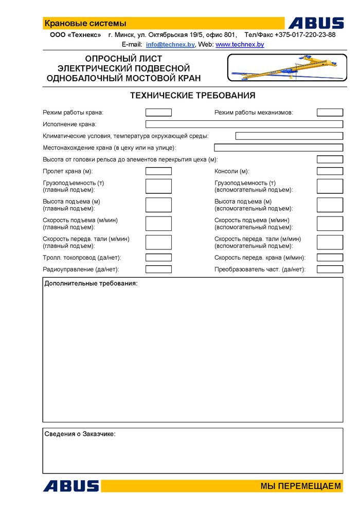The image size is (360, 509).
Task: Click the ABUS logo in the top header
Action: point(316,23)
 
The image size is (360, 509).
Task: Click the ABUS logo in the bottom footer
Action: point(71,486)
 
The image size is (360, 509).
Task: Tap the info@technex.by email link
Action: point(170,45)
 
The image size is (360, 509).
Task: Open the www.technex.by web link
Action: point(240,45)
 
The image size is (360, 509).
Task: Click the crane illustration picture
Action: point(287,68)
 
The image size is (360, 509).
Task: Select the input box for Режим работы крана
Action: point(158,113)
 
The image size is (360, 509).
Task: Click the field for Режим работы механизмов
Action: point(330,113)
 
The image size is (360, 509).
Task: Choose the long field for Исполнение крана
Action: point(244,124)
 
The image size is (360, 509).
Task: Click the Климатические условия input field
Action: point(289,136)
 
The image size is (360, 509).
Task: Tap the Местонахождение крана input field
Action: point(278,148)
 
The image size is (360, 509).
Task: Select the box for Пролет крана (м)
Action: point(158,171)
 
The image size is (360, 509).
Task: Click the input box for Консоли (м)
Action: point(330,171)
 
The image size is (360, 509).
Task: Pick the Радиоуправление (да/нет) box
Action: point(158,269)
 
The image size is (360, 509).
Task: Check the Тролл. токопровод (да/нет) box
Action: point(158,258)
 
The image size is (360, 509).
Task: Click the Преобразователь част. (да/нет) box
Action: point(330,269)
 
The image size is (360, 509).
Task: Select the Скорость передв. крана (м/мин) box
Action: point(330,258)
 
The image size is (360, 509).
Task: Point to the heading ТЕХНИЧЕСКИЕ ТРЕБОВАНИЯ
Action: point(192,96)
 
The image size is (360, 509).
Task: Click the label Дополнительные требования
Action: point(91,283)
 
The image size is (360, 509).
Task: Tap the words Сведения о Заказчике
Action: point(80,434)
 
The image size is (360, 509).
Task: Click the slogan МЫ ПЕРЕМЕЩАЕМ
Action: point(300,486)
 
